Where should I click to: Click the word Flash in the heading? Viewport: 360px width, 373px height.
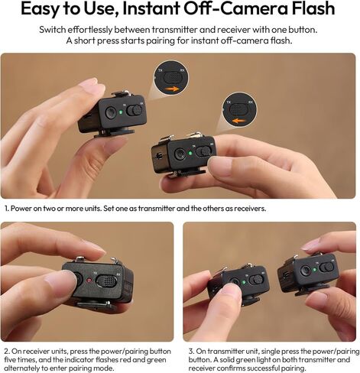tap(313, 8)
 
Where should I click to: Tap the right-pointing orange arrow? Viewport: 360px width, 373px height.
tap(171, 89)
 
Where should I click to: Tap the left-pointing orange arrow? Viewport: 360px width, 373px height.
tap(239, 121)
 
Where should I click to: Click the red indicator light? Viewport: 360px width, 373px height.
tap(89, 281)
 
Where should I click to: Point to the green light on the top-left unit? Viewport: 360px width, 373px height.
tap(121, 112)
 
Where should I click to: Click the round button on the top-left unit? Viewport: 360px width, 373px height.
tap(110, 112)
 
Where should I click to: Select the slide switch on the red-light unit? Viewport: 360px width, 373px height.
tap(106, 281)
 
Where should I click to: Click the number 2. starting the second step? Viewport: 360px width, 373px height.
tap(7, 352)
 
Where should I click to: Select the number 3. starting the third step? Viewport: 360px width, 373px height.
tap(192, 352)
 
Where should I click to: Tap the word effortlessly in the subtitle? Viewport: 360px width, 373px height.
tap(89, 30)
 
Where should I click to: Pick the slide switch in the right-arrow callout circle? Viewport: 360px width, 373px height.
tap(174, 76)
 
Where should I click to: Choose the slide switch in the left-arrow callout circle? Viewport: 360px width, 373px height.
tap(238, 109)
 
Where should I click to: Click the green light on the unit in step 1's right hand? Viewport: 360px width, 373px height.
tap(190, 153)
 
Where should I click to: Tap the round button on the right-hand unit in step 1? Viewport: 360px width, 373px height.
tap(180, 154)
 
